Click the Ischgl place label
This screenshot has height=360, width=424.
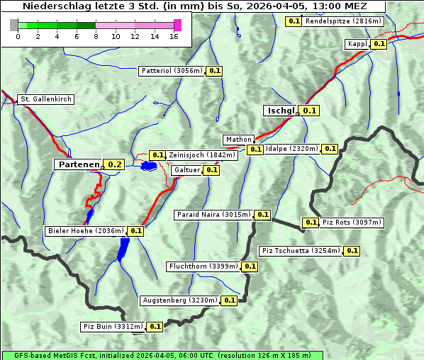pyautogui.click(x=280, y=111)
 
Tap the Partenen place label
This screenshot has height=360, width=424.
pyautogui.click(x=79, y=164)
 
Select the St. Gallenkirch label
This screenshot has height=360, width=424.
pyautogui.click(x=46, y=99)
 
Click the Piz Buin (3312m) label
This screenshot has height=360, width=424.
pyautogui.click(x=113, y=327)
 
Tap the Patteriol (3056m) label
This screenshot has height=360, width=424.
pyautogui.click(x=172, y=71)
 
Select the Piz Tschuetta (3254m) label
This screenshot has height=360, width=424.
pyautogui.click(x=301, y=251)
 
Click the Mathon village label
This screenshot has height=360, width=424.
pyautogui.click(x=238, y=140)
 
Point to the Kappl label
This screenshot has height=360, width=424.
pyautogui.click(x=357, y=44)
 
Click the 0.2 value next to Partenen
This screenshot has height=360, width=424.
pyautogui.click(x=115, y=164)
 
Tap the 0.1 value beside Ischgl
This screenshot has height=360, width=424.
pyautogui.click(x=310, y=111)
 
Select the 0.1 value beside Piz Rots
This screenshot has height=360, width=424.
pyautogui.click(x=311, y=223)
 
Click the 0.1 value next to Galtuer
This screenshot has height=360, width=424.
pyautogui.click(x=211, y=170)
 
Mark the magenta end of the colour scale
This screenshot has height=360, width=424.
pyautogui.click(x=177, y=25)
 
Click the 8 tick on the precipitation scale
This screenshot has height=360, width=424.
pyautogui.click(x=96, y=36)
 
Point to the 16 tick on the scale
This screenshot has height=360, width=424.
pyautogui.click(x=174, y=36)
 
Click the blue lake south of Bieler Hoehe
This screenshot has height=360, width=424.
pyautogui.click(x=124, y=248)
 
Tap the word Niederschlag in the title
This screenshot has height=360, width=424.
pyautogui.click(x=54, y=6)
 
